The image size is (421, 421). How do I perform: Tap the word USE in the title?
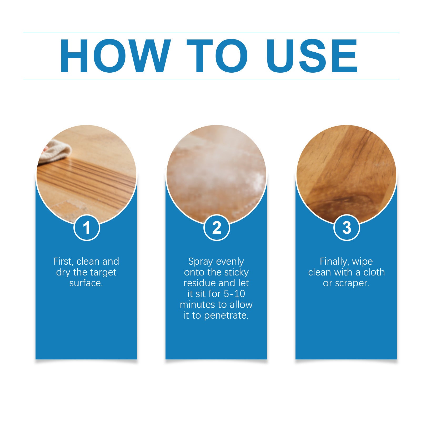(x=312, y=56)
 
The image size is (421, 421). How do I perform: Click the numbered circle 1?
(x=87, y=228)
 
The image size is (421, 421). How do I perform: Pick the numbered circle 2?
(x=217, y=228)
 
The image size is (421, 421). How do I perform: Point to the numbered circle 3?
(x=347, y=228)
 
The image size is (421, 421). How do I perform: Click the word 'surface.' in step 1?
(x=86, y=283)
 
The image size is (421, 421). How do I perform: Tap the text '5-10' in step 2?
(x=235, y=294)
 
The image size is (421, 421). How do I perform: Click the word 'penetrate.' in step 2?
(x=226, y=315)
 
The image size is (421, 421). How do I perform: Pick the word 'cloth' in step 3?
(x=374, y=272)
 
